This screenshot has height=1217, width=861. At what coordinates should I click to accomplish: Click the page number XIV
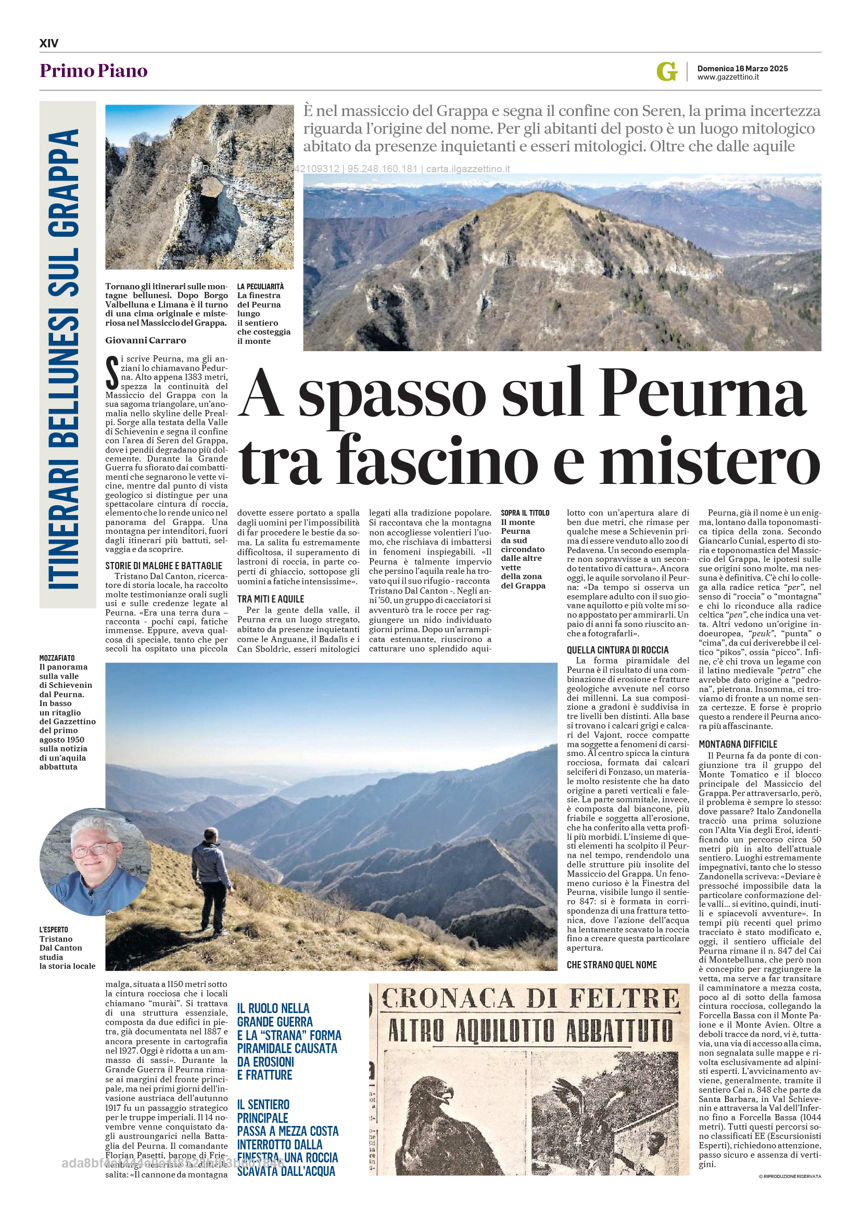coord(49,43)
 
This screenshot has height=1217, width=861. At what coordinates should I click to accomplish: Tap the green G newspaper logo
coord(666,71)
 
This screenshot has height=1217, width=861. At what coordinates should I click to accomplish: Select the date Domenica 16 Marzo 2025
coord(742,68)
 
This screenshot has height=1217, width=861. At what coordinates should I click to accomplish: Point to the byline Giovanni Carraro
coord(145,340)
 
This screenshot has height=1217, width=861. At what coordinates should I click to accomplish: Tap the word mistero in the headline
coord(710,459)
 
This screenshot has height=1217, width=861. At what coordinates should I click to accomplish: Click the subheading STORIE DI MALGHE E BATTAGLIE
coord(163,566)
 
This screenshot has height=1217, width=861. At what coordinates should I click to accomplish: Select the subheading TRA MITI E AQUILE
coord(270,599)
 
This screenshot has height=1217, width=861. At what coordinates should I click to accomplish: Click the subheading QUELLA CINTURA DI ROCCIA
coord(617,650)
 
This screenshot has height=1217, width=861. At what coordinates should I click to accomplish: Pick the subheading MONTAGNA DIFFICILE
coord(738,744)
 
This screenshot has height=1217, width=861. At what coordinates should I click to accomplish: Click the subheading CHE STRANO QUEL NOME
coord(611,965)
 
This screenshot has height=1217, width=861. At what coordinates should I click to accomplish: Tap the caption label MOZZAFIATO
coord(57,658)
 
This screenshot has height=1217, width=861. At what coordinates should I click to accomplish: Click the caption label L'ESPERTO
coord(54,929)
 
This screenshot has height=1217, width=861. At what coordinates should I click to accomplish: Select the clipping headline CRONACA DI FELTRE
coord(529,1000)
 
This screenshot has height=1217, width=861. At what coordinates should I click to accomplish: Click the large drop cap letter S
coord(112,372)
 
